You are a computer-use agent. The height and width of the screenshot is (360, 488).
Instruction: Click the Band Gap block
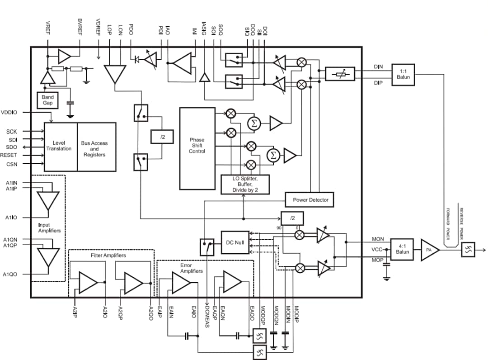tap(47, 100)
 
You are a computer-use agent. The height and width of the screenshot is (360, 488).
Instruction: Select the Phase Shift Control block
tap(197, 148)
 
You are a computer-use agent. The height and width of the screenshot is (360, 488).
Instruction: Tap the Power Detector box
tap(310, 199)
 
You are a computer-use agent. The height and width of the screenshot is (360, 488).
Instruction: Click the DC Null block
tap(235, 242)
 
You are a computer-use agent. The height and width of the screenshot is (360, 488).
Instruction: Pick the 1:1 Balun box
tap(403, 75)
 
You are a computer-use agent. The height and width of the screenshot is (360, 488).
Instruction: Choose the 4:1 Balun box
tap(402, 249)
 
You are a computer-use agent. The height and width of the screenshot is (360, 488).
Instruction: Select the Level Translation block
tap(61, 146)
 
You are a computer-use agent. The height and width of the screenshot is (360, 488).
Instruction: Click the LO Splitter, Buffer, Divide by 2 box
tap(245, 185)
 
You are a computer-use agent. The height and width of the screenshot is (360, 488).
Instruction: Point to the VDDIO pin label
tap(9, 112)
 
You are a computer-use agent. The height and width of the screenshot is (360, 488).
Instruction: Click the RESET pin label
tap(9, 155)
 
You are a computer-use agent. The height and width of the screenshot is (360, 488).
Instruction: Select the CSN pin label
tap(12, 164)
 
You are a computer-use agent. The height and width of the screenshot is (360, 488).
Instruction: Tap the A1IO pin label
tap(11, 218)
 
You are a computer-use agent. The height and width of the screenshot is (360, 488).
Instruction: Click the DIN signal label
tap(378, 66)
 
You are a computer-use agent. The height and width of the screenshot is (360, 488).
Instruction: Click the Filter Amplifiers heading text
tap(108, 256)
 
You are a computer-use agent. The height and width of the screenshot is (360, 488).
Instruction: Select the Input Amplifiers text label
tap(49, 227)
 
